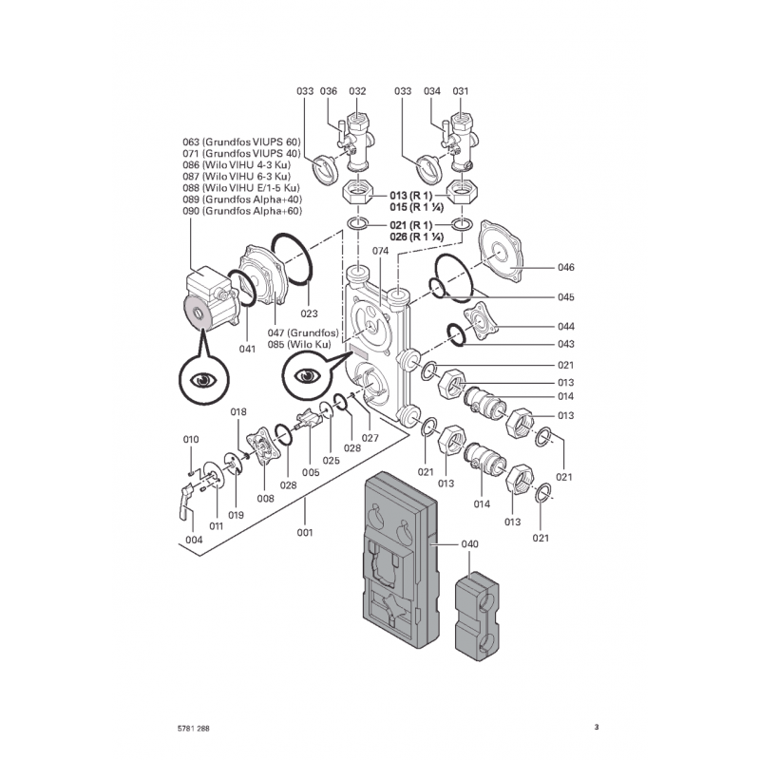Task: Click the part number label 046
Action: coord(566,267)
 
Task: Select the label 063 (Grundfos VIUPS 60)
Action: coord(241,142)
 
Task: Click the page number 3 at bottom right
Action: coord(597,729)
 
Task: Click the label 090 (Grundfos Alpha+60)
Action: coord(241,211)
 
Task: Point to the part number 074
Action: coord(381,251)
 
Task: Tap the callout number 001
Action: coord(305,532)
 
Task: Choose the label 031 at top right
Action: coord(461,91)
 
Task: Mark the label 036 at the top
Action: coord(330,91)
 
